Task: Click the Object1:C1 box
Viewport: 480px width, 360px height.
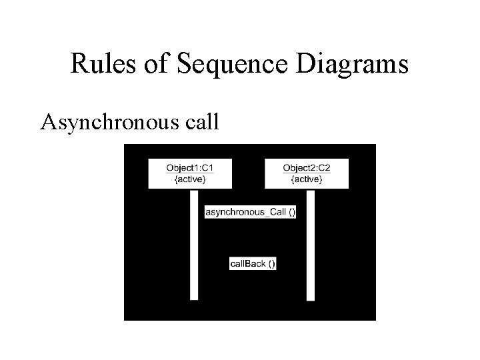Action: [x=190, y=173]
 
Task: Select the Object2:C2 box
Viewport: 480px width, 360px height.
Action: [x=306, y=173]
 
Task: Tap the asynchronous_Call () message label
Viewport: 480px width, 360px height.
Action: [x=251, y=212]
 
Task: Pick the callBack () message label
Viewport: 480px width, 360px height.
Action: [x=253, y=264]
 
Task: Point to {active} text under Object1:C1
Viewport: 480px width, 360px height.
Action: [x=190, y=179]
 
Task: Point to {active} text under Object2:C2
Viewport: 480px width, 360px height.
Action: [x=306, y=179]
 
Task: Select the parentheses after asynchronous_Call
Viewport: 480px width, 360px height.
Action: [x=292, y=212]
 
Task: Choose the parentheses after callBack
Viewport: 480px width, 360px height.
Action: [x=271, y=264]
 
